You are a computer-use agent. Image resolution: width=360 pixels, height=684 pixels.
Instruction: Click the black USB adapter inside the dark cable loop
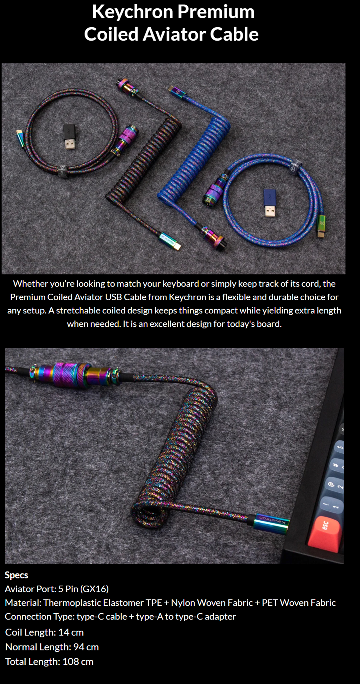[x=70, y=137]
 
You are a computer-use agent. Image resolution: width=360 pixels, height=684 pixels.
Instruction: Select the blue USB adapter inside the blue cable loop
[x=270, y=202]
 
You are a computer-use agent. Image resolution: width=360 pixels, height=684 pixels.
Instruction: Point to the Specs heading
[x=16, y=575]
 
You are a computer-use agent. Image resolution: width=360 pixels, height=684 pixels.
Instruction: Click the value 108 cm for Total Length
[x=78, y=662]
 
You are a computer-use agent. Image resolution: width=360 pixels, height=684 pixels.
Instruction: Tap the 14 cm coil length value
[x=71, y=632]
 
